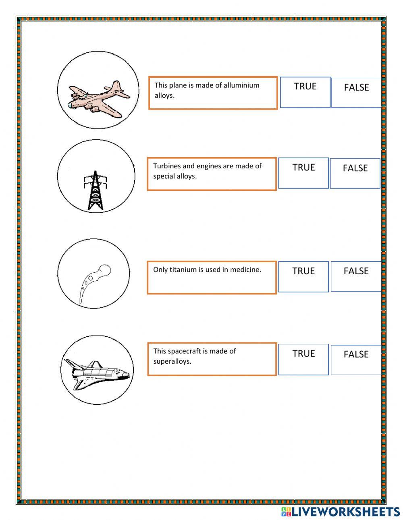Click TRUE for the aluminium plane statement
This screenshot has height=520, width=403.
(305, 92)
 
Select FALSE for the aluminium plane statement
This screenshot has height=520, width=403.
(356, 93)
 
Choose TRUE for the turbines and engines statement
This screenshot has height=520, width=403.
(303, 173)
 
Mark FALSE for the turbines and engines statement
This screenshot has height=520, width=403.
(355, 173)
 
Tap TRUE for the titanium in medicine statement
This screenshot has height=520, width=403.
(303, 276)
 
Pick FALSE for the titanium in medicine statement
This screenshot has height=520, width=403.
(356, 276)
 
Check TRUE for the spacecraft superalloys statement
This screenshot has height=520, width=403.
(303, 359)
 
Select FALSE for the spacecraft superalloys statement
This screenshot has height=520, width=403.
(356, 360)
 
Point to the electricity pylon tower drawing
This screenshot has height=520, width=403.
(96, 191)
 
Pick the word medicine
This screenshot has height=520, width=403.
(245, 270)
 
